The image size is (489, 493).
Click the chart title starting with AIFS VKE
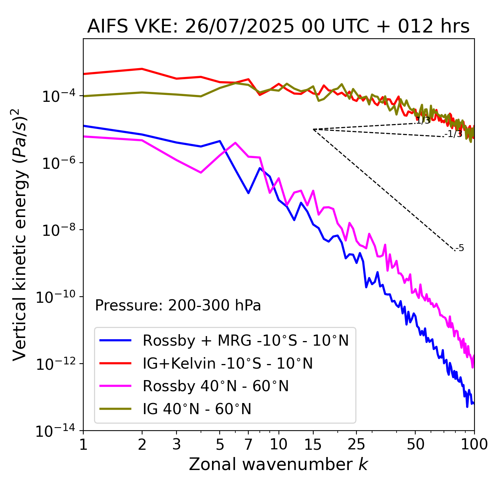[278, 26]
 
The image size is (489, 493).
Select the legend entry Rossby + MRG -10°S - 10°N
[246, 340]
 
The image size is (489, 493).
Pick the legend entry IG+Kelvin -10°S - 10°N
[228, 363]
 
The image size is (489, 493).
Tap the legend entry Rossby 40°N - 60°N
[215, 386]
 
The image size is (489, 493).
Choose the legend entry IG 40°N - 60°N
[197, 409]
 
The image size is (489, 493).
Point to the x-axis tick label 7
[248, 444]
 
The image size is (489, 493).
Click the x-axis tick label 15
[313, 444]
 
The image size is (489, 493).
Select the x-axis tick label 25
[356, 444]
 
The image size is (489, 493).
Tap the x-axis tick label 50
[415, 444]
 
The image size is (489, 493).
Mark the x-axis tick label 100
[474, 444]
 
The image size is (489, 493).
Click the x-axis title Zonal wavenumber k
[278, 464]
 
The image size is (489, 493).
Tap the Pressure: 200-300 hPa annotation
[178, 305]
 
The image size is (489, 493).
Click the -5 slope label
[460, 248]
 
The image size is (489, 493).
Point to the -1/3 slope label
[453, 134]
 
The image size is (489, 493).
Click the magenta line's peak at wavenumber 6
[235, 143]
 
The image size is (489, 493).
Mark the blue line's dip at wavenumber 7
[248, 193]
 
